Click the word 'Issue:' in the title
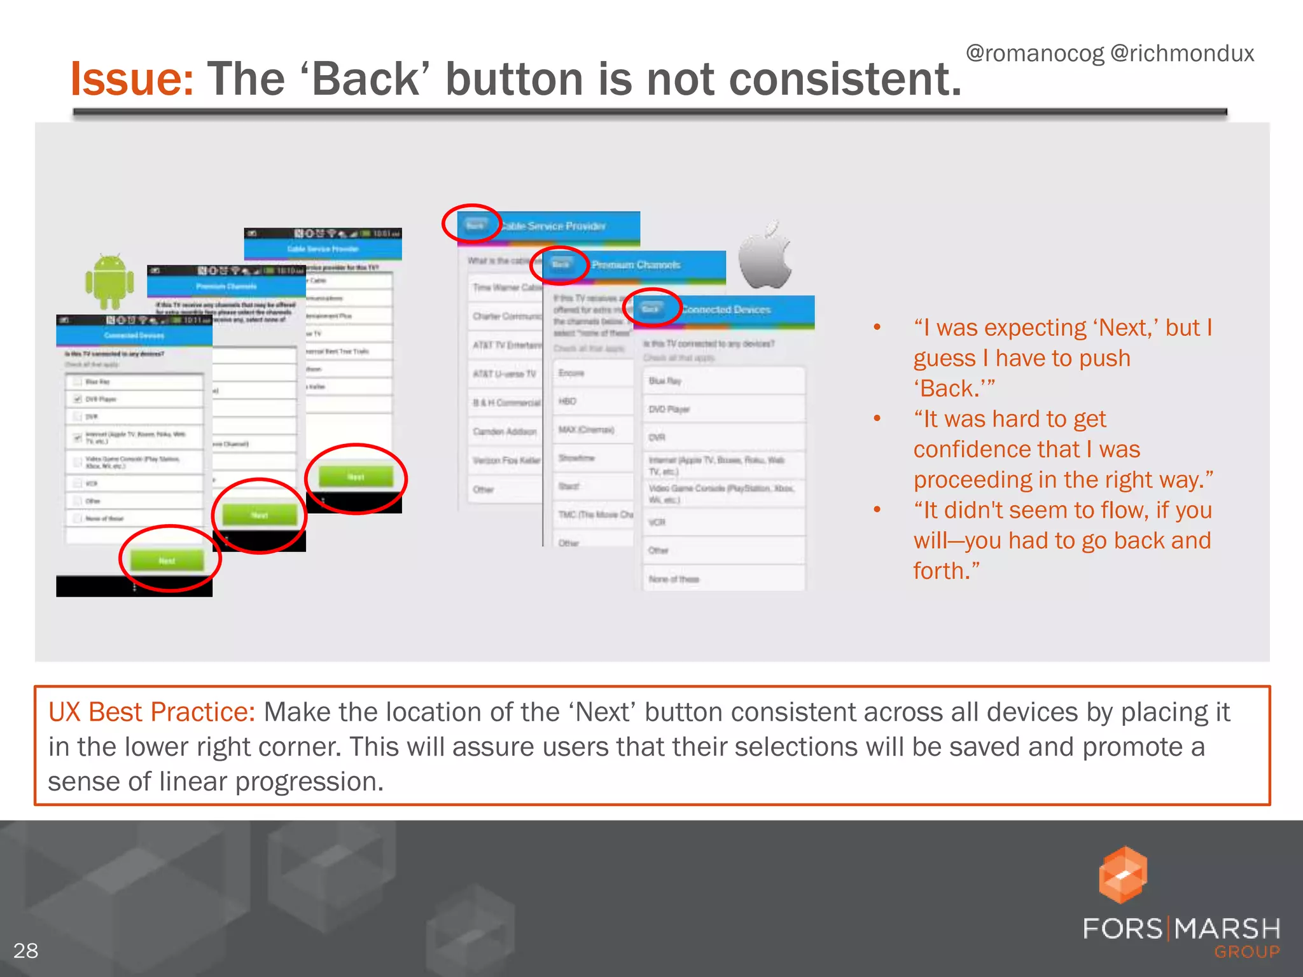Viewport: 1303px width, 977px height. pyautogui.click(x=132, y=80)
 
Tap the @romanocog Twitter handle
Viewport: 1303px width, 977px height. pyautogui.click(x=1035, y=53)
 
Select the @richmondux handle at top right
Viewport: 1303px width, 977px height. pyautogui.click(x=1182, y=53)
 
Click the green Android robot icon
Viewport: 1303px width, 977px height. pyautogui.click(x=109, y=281)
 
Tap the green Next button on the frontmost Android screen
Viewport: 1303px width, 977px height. pyautogui.click(x=167, y=560)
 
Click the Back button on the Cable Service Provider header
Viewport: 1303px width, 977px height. pyautogui.click(x=475, y=225)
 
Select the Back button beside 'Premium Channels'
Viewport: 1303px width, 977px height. pyautogui.click(x=561, y=265)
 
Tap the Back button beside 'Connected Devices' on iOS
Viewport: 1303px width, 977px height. pyautogui.click(x=650, y=309)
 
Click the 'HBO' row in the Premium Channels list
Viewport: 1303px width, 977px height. pyautogui.click(x=568, y=401)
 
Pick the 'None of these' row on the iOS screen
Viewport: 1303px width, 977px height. pyautogui.click(x=674, y=579)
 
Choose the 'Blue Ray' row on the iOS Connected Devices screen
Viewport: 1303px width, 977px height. pyautogui.click(x=665, y=380)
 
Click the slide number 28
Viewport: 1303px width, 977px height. pyautogui.click(x=25, y=950)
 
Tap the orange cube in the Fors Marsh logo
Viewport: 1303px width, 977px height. pyautogui.click(x=1122, y=875)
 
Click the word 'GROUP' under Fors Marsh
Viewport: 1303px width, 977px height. pyautogui.click(x=1246, y=952)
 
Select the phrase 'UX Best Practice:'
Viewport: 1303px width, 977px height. pyautogui.click(x=151, y=712)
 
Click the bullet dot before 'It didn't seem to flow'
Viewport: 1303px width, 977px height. pyautogui.click(x=877, y=509)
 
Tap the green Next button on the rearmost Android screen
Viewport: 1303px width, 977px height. pyautogui.click(x=356, y=476)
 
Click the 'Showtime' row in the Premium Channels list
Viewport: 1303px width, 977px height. pyautogui.click(x=576, y=458)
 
